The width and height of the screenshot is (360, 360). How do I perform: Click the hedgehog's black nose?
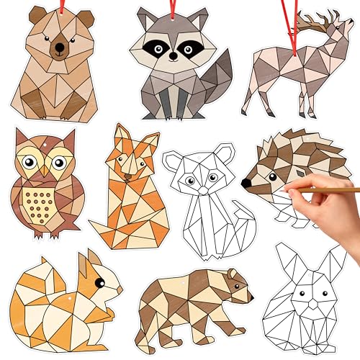246,183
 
